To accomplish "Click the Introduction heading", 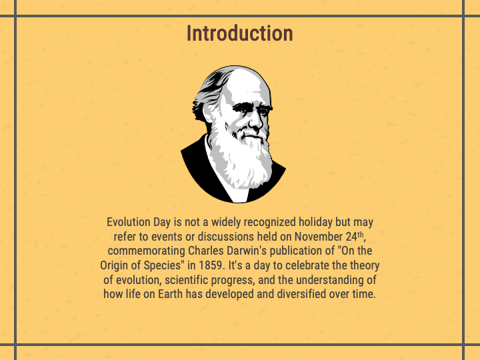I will click(239, 33).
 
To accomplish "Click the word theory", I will click(363, 265).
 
